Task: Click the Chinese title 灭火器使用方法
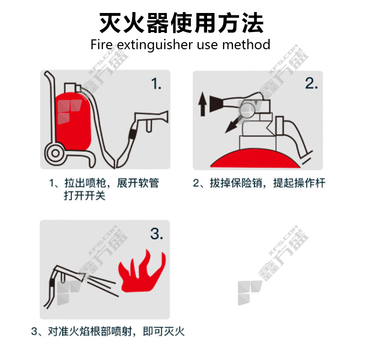pyautogui.click(x=182, y=23)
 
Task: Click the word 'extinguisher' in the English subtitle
pyautogui.click(x=155, y=45)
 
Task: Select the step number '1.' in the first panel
pyautogui.click(x=156, y=84)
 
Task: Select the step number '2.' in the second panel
pyautogui.click(x=311, y=83)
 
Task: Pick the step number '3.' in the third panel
pyautogui.click(x=157, y=233)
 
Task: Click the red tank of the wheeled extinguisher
pyautogui.click(x=73, y=121)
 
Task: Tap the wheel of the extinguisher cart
pyautogui.click(x=55, y=154)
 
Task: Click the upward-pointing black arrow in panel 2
pyautogui.click(x=202, y=104)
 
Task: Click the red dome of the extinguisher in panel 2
pyautogui.click(x=255, y=158)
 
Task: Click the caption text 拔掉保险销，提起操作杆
pyautogui.click(x=259, y=183)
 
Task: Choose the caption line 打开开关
pyautogui.click(x=84, y=196)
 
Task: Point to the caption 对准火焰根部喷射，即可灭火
pyautogui.click(x=116, y=332)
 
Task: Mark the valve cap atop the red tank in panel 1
pyautogui.click(x=71, y=88)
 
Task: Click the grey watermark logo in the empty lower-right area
pyautogui.click(x=249, y=293)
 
